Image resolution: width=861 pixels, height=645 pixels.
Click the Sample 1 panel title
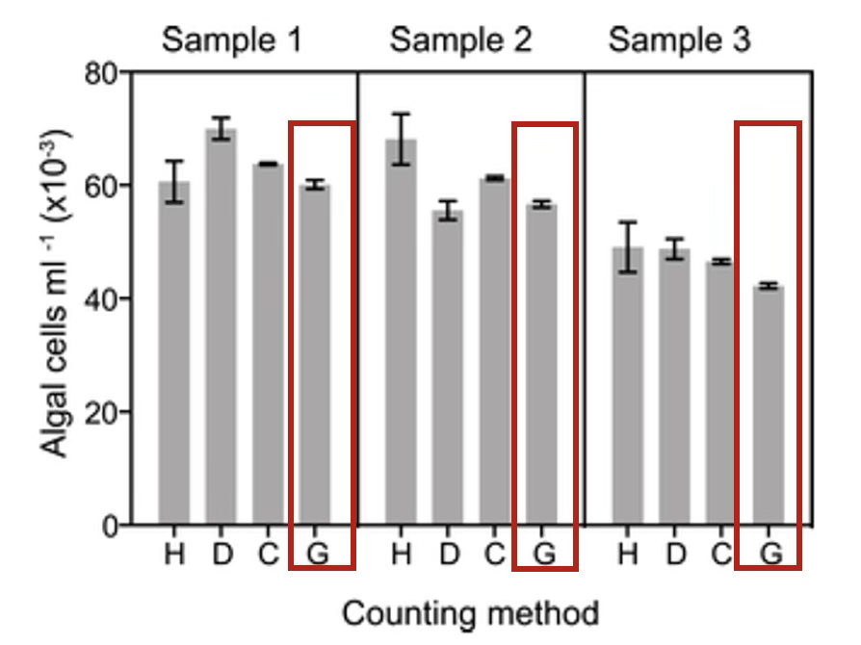tap(231, 40)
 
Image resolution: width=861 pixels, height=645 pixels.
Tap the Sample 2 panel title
tap(460, 40)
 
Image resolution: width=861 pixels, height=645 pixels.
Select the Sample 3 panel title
tap(680, 40)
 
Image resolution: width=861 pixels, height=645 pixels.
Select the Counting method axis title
tap(470, 612)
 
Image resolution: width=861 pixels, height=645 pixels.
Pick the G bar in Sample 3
tap(769, 404)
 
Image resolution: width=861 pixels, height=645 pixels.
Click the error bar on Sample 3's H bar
tap(628, 247)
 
